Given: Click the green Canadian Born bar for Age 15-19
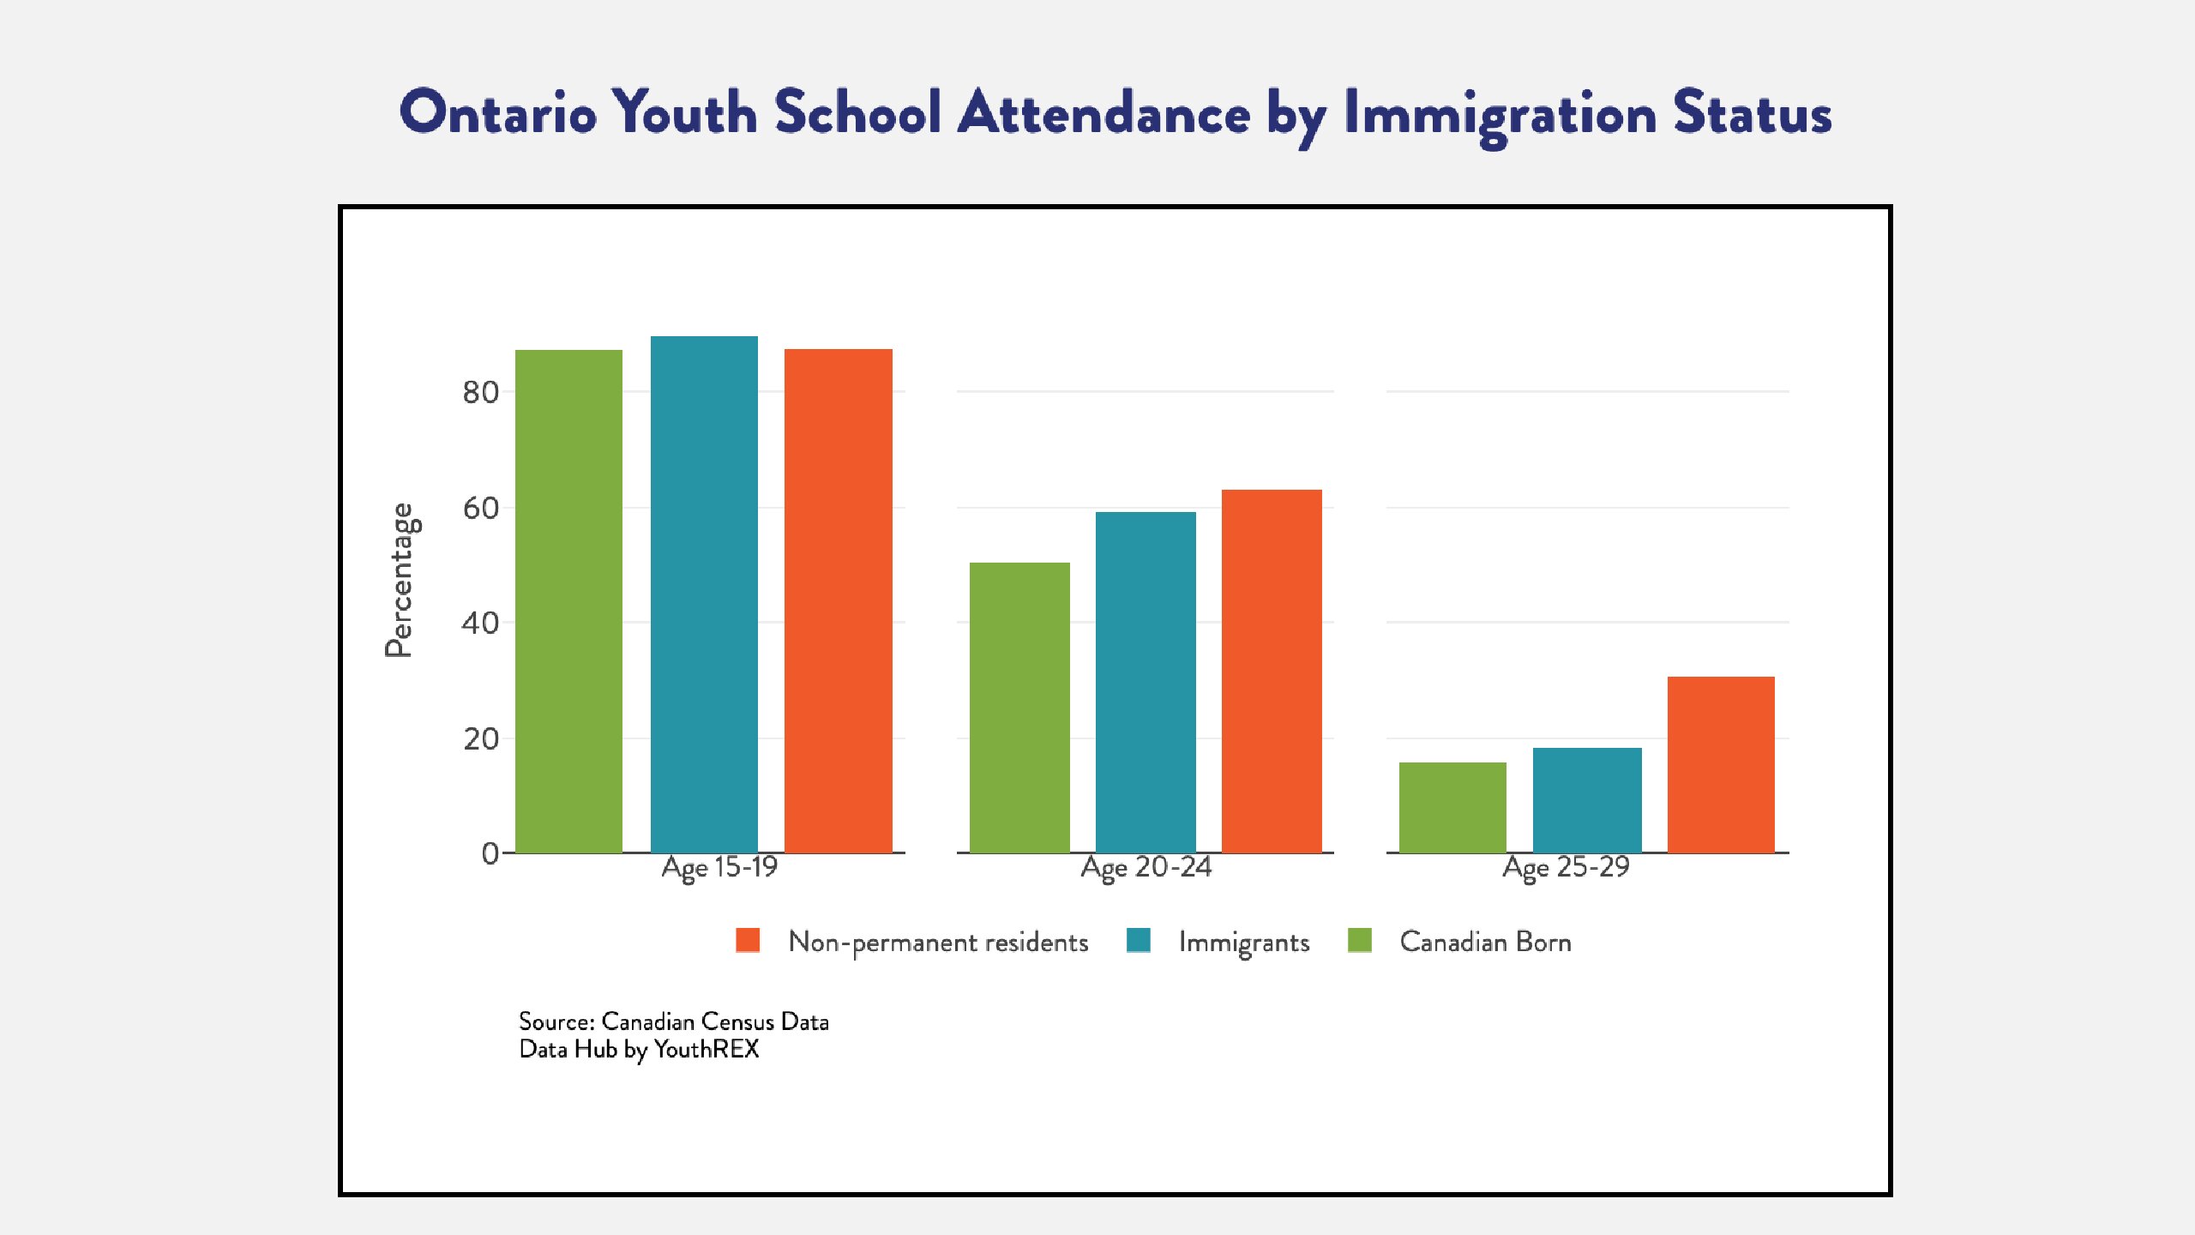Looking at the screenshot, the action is pyautogui.click(x=568, y=601).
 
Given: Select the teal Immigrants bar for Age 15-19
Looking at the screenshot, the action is pyautogui.click(x=704, y=594).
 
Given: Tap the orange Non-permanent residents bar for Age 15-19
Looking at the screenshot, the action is pyautogui.click(x=839, y=601).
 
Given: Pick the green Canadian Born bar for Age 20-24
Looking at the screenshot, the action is pyautogui.click(x=1019, y=708).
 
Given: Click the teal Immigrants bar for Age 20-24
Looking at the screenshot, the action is pyautogui.click(x=1146, y=683).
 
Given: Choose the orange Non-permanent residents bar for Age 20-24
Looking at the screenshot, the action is pyautogui.click(x=1272, y=672).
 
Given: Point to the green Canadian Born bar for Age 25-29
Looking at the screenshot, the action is pyautogui.click(x=1452, y=808).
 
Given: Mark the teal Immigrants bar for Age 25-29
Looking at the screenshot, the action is pyautogui.click(x=1587, y=800).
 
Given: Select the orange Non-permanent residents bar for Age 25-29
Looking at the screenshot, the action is pyautogui.click(x=1721, y=765).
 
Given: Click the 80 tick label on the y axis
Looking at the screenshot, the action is pyautogui.click(x=480, y=393).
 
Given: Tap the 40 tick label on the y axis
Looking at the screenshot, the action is pyautogui.click(x=480, y=624).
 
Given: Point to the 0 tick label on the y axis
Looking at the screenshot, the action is pyautogui.click(x=490, y=853).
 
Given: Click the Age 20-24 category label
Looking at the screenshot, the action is pyautogui.click(x=1146, y=867).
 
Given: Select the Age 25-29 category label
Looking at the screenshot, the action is pyautogui.click(x=1566, y=867).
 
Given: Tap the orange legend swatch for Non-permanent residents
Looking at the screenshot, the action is pyautogui.click(x=748, y=940).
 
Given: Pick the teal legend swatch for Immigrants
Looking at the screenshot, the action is pyautogui.click(x=1139, y=940).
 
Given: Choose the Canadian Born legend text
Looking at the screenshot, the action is pyautogui.click(x=1486, y=942).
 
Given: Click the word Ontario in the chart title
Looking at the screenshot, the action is pyautogui.click(x=498, y=112).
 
